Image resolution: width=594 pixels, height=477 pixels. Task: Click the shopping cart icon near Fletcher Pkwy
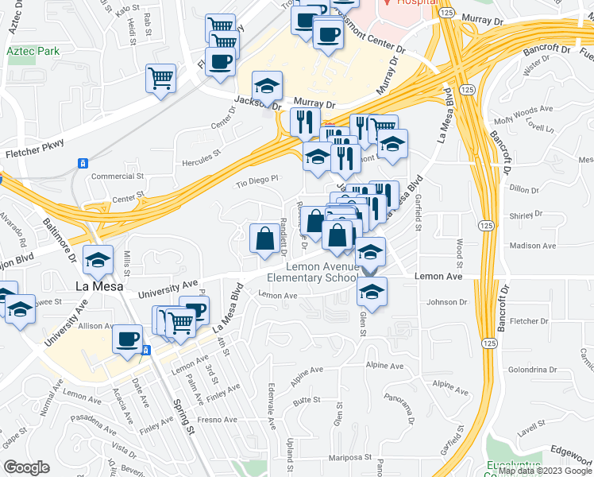point(160,79)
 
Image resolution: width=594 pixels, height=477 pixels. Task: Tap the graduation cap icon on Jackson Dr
point(268,85)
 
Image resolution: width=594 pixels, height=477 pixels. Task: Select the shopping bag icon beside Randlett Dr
point(264,238)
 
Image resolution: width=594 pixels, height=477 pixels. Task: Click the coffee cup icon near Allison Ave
point(127,339)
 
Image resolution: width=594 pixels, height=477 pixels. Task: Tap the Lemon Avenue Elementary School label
point(313,273)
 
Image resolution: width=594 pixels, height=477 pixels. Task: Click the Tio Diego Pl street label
point(257,180)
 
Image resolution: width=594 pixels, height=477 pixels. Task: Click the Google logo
point(26,467)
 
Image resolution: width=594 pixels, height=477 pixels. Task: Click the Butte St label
point(306,404)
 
